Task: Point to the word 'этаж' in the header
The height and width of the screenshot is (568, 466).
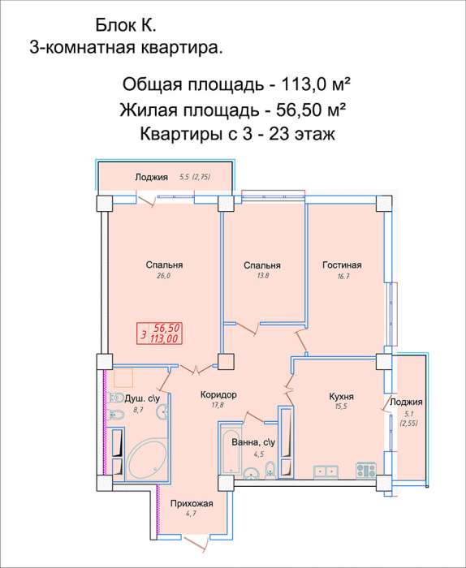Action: tap(308, 134)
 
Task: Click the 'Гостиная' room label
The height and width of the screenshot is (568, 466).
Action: tap(340, 265)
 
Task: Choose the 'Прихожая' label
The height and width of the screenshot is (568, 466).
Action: tap(191, 503)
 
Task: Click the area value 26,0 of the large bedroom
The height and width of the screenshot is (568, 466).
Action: tap(164, 276)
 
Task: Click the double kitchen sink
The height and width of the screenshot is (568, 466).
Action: tap(328, 469)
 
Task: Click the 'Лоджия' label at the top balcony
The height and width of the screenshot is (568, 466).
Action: tap(151, 177)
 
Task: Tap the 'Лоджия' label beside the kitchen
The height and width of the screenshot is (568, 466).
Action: tap(406, 402)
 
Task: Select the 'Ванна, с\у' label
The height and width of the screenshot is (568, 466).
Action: tap(253, 442)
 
